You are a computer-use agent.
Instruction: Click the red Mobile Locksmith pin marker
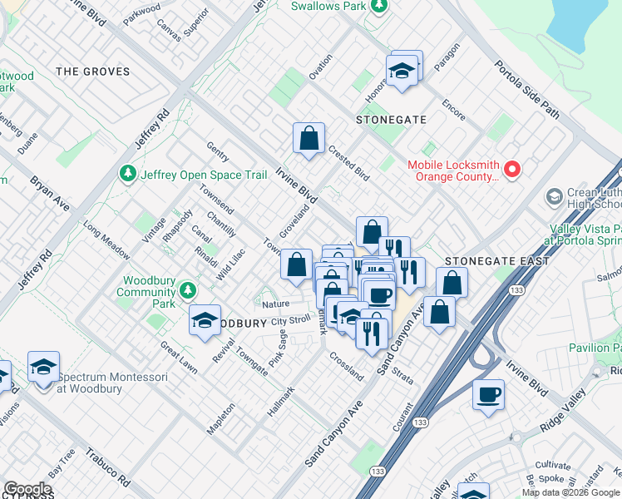tap(511, 170)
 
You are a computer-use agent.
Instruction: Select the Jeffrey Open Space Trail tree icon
tap(128, 174)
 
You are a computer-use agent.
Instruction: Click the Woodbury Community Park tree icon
tap(189, 290)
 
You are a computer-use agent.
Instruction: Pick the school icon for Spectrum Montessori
tap(43, 367)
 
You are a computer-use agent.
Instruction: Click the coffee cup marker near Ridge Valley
tap(488, 393)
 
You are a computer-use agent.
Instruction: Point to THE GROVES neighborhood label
tap(93, 72)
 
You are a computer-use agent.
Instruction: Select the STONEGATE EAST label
tap(496, 261)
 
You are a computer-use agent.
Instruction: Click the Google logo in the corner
tap(27, 489)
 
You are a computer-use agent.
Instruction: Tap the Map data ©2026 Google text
tap(570, 492)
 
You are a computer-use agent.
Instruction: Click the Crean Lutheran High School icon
tap(554, 197)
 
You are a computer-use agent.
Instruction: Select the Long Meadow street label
tap(106, 240)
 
